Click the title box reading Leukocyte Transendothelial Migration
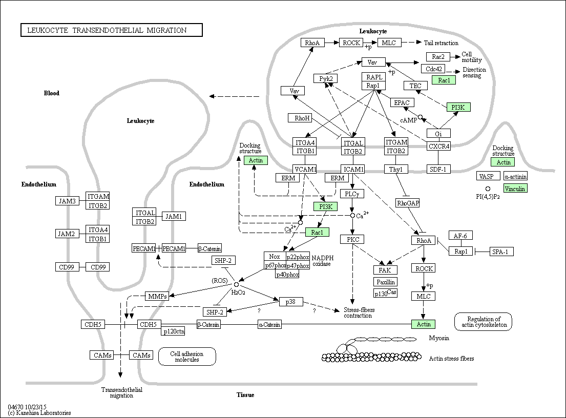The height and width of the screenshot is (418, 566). pyautogui.click(x=111, y=30)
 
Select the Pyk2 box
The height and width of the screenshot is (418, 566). pyautogui.click(x=326, y=78)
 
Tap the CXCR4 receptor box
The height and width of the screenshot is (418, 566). pyautogui.click(x=438, y=146)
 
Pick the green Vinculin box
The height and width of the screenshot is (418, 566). pyautogui.click(x=515, y=189)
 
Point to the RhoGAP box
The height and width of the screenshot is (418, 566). pyautogui.click(x=408, y=203)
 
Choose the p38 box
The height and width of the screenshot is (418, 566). pyautogui.click(x=290, y=302)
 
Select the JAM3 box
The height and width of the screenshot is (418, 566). pyautogui.click(x=68, y=201)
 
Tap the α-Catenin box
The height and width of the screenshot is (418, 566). pyautogui.click(x=269, y=324)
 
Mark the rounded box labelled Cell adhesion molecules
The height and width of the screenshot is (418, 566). pyautogui.click(x=187, y=357)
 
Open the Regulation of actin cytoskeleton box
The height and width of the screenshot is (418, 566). pyautogui.click(x=483, y=321)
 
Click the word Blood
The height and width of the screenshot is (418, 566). pyautogui.click(x=51, y=93)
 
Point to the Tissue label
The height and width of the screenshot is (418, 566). pyautogui.click(x=245, y=395)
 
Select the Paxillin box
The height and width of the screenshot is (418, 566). pyautogui.click(x=385, y=282)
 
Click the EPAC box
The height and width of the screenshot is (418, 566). pyautogui.click(x=401, y=102)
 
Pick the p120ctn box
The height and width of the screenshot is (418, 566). pyautogui.click(x=173, y=331)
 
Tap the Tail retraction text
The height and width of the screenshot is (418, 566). pyautogui.click(x=441, y=43)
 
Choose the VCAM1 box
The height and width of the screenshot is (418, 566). pyautogui.click(x=305, y=169)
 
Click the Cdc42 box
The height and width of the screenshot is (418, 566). pyautogui.click(x=433, y=69)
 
